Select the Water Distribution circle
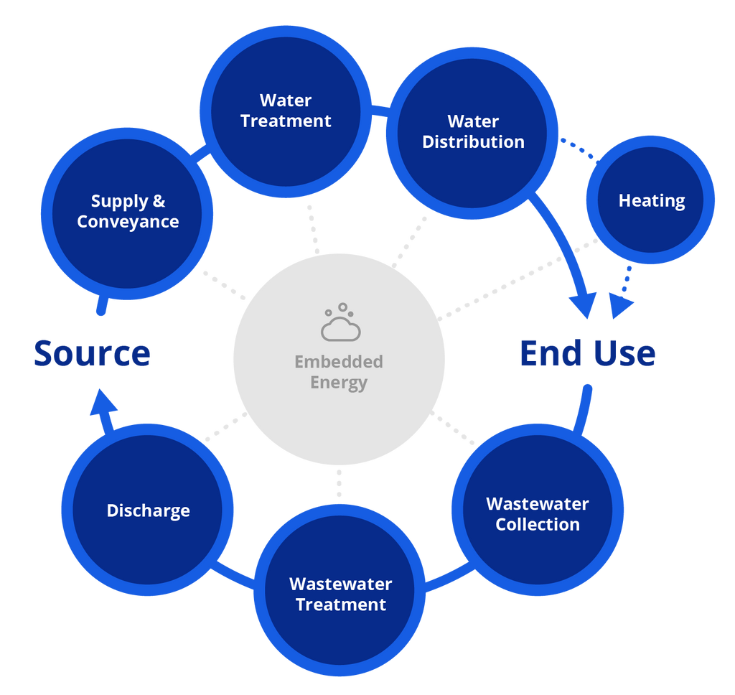point(472,132)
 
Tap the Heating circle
point(651,200)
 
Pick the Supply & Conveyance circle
point(127,211)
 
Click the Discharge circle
point(147,510)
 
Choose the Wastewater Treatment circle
point(340,594)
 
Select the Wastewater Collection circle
point(537,514)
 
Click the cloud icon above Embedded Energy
point(340,324)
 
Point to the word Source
point(92,353)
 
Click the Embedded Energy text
point(339,372)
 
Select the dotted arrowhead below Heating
point(620,305)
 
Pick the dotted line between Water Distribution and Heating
point(578,146)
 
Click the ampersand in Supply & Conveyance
point(159,202)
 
